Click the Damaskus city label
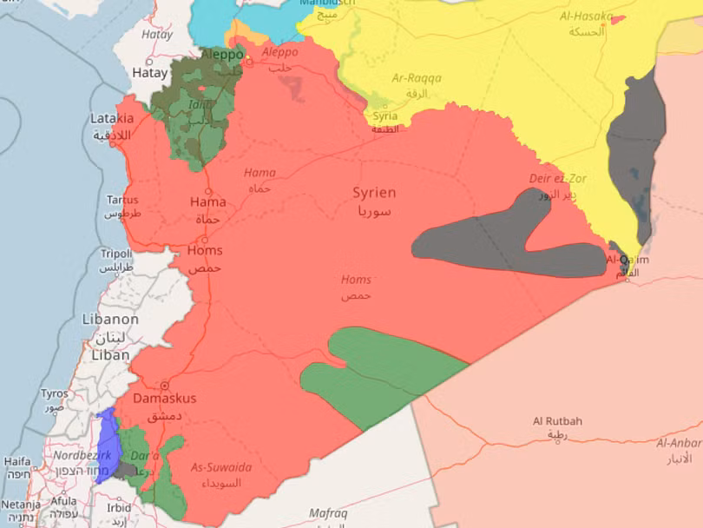164,399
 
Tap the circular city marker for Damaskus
163,385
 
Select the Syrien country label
374,193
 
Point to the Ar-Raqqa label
417,78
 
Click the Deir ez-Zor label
557,179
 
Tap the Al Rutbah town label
557,422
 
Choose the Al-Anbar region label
680,443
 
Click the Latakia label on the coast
112,119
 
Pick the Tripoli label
115,254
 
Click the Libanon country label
109,320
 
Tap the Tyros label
54,393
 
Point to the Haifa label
17,461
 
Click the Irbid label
119,507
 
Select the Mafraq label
328,514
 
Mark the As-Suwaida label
221,468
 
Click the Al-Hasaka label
586,16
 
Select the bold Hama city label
207,202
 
